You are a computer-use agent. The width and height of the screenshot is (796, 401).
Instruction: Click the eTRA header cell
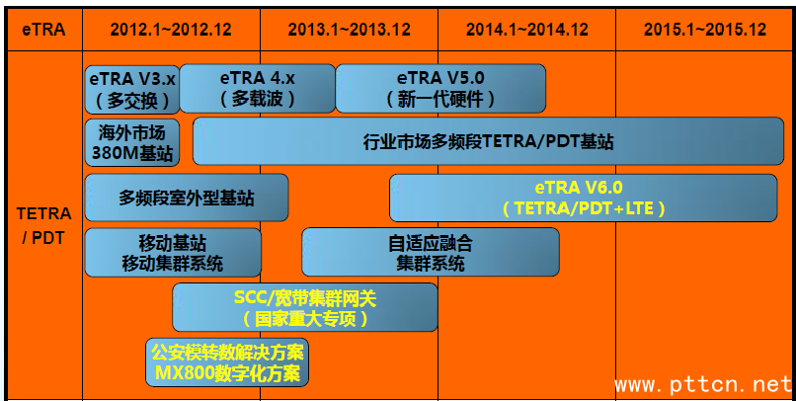coord(43,29)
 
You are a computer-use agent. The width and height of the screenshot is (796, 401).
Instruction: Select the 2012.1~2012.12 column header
coord(172,29)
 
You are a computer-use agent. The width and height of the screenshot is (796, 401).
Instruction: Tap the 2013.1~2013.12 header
coord(349,29)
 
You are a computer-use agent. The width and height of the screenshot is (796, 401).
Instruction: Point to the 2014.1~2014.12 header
coord(526,29)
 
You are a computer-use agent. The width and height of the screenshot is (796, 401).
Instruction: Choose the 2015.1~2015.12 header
coord(704,29)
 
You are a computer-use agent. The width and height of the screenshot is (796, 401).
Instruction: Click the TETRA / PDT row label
coord(43,225)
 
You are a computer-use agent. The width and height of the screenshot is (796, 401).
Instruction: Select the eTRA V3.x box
coord(132,88)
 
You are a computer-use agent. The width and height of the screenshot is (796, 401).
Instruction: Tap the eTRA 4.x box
coord(258,88)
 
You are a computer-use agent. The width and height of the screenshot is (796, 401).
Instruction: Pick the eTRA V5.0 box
coord(440,88)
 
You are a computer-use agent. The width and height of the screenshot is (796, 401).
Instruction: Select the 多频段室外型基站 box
coord(187,198)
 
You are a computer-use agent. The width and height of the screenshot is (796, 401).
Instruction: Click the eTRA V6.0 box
coord(584,198)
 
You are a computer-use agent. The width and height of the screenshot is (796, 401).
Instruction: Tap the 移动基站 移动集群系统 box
coord(173,252)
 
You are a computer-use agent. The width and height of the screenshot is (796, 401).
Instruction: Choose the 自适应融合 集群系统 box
coord(430,252)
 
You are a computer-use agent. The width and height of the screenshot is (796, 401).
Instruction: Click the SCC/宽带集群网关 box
coord(305,307)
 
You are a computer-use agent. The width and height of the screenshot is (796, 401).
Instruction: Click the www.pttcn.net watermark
coord(703,383)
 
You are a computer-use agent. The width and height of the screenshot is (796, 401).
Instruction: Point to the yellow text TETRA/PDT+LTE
coord(584,208)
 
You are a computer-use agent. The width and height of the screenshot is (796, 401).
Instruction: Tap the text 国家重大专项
coord(305,318)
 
